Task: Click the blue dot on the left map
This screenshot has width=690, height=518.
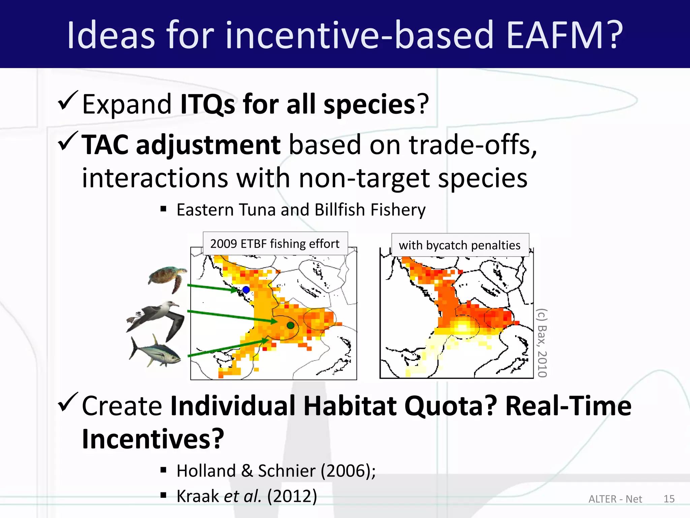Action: click(x=246, y=289)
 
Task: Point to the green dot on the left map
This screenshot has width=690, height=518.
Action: click(x=290, y=325)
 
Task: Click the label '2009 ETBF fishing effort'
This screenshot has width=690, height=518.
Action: click(x=275, y=243)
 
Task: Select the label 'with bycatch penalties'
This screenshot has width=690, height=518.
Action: click(x=460, y=245)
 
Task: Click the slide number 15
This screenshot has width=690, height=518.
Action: click(x=669, y=499)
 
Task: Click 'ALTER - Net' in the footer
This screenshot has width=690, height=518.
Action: click(x=615, y=499)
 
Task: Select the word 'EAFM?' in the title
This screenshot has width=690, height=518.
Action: click(x=564, y=35)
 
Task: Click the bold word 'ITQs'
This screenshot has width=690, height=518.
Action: click(x=208, y=105)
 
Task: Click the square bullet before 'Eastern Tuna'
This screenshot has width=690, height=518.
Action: click(x=164, y=209)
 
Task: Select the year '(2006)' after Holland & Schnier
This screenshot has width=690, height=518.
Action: click(x=346, y=471)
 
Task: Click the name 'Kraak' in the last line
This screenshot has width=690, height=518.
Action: click(x=197, y=496)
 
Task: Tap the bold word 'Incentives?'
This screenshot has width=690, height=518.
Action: click(x=153, y=439)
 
